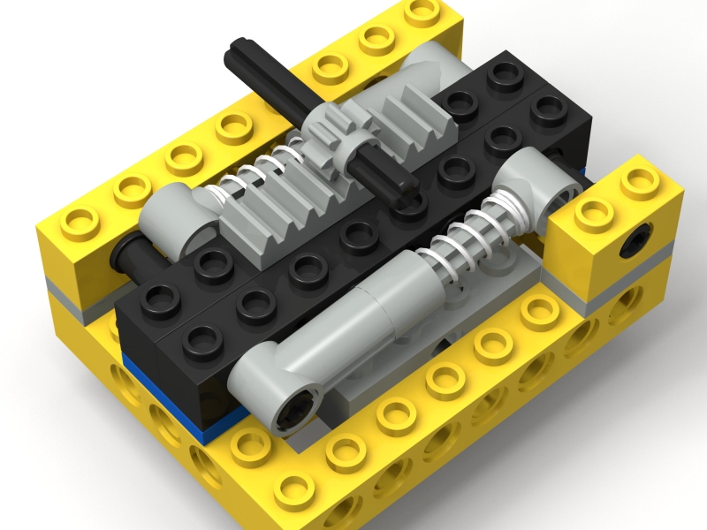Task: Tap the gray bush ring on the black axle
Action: pos(363,153)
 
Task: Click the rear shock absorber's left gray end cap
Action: pos(177,212)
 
